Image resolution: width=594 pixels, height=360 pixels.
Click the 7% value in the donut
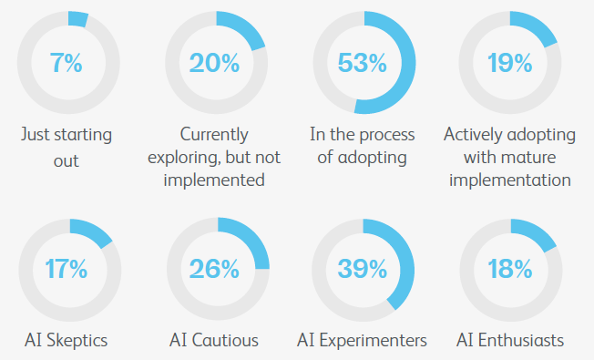[67, 63]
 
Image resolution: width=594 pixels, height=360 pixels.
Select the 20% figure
[214, 63]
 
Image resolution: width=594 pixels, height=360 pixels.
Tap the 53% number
[363, 63]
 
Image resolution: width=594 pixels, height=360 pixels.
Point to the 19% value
[509, 63]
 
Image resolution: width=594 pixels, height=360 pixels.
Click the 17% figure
[67, 269]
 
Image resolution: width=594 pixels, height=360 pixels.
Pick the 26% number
[214, 269]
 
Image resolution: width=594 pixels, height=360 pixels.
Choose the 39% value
[363, 269]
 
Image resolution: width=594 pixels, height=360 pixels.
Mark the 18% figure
[509, 269]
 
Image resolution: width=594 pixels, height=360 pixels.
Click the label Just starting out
[67, 148]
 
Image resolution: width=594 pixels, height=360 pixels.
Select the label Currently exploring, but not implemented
[215, 157]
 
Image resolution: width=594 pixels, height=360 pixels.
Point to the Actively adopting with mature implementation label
[509, 157]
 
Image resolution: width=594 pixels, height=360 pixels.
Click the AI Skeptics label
[67, 341]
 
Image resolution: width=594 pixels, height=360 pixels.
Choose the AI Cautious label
[214, 341]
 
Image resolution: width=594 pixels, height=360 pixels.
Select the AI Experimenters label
[363, 341]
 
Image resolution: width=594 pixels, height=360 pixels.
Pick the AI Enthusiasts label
[509, 341]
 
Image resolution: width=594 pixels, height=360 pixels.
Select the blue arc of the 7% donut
[77, 19]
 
